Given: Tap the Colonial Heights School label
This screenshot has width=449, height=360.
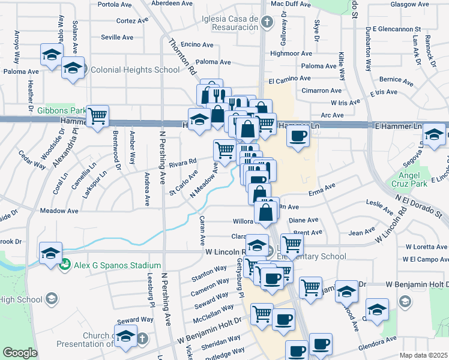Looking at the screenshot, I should click(135, 70).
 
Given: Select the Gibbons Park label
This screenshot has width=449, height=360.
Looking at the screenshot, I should click(62, 110).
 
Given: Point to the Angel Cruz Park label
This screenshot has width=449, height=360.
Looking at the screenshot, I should click(409, 179).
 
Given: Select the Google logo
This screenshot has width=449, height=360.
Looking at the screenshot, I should click(20, 353).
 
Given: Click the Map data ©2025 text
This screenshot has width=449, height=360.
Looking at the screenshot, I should click(423, 355).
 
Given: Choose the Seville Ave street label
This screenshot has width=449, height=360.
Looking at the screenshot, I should click(118, 37).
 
